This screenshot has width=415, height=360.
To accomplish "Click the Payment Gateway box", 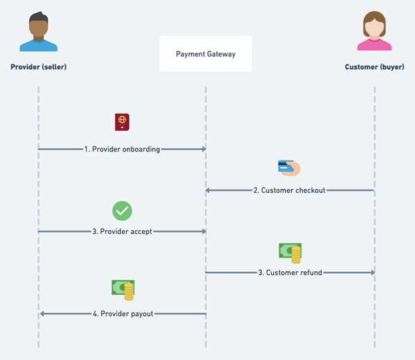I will [x=205, y=54].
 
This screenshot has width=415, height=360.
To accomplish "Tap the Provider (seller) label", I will [x=39, y=67].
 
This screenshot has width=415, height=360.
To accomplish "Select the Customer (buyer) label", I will [x=374, y=67].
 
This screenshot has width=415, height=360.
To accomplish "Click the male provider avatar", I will [x=39, y=32].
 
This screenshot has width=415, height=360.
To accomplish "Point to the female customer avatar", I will [x=374, y=32].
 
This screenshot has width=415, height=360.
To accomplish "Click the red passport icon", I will [x=122, y=122].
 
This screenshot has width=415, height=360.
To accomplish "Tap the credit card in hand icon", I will [x=288, y=168].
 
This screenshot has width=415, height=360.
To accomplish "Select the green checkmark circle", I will [x=122, y=210].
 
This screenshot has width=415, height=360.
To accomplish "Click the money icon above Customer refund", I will [x=290, y=252].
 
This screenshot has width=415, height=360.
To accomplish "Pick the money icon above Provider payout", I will [x=123, y=289].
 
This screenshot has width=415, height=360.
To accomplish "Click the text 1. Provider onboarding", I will [x=122, y=149].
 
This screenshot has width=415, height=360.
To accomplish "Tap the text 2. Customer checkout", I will [x=290, y=191].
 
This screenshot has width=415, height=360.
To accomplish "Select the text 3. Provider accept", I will [x=122, y=231].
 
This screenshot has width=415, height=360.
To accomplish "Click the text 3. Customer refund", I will [x=290, y=272].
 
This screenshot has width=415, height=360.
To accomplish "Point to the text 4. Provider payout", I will [x=123, y=314].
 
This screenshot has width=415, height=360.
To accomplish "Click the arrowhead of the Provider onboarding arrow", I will [x=203, y=149].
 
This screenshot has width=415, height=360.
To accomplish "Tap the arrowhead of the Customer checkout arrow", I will [x=208, y=191].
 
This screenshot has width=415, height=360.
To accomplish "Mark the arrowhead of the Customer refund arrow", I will [x=372, y=272].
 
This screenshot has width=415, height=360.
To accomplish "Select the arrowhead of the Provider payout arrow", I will [x=42, y=314].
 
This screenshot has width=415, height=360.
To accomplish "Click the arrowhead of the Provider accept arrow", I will [x=203, y=231].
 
